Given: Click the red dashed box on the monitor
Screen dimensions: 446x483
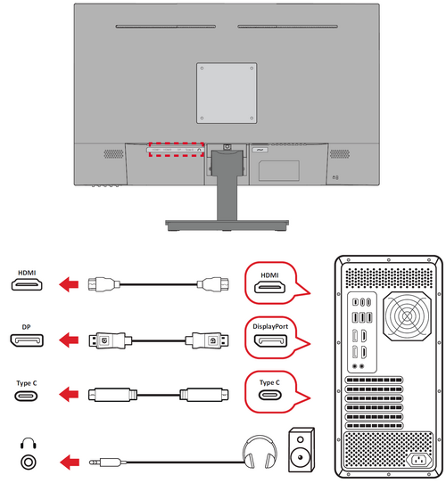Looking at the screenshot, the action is click(176, 143).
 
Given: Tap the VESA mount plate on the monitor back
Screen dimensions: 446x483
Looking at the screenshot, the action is click(227, 93).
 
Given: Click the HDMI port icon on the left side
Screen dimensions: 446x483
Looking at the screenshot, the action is click(27, 284).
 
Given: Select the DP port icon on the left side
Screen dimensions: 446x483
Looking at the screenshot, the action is click(27, 340).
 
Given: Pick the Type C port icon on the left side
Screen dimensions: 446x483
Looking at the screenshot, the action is click(26, 396).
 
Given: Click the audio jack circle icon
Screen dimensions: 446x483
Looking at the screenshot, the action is click(29, 463).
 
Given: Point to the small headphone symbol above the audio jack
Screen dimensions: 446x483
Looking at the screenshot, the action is click(29, 444).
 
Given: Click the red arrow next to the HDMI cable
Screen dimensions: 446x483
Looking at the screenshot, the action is click(69, 284).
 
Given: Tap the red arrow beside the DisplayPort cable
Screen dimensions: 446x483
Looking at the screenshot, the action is click(69, 340).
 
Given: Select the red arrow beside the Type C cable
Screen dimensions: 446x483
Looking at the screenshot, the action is click(69, 395).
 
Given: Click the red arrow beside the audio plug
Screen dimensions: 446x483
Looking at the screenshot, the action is click(70, 463).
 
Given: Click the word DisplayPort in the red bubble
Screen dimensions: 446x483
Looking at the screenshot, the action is click(270, 326).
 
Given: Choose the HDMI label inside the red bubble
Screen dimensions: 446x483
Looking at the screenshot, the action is click(269, 275).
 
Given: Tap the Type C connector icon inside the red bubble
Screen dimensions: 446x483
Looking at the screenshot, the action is click(270, 395).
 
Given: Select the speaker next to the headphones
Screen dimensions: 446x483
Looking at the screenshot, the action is click(301, 450).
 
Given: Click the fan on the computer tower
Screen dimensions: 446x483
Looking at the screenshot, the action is click(407, 316).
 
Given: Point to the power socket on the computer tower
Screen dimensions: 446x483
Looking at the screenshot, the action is click(419, 461).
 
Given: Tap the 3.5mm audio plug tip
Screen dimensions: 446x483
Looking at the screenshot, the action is click(91, 463).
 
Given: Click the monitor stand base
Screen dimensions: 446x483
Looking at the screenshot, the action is click(227, 225).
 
